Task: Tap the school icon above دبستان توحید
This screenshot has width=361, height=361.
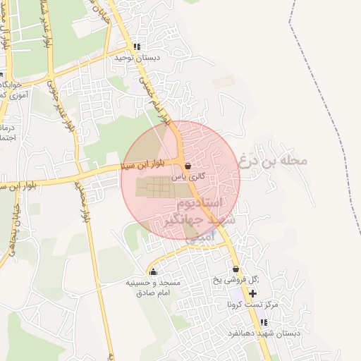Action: pyautogui.click(x=137, y=47)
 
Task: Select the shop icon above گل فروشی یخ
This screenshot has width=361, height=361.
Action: pyautogui.click(x=235, y=270)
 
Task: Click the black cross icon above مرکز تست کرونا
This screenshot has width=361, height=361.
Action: pyautogui.click(x=252, y=293)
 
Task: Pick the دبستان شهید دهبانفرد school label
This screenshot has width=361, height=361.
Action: pyautogui.click(x=264, y=333)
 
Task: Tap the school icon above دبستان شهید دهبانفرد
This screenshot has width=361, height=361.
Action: pyautogui.click(x=264, y=322)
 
